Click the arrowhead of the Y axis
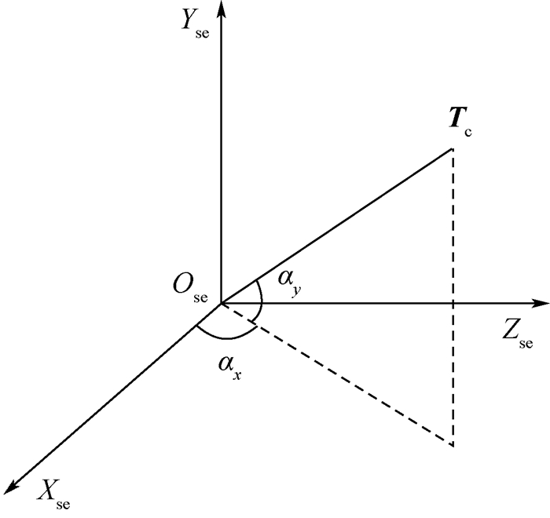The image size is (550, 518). coord(221,8)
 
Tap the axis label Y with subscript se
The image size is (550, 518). coord(195,25)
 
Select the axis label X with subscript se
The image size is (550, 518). coord(54,494)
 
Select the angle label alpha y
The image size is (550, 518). coord(290,283)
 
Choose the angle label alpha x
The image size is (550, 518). coord(229,368)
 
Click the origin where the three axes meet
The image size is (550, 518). coord(222,304)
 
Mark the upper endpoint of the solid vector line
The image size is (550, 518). coord(452,149)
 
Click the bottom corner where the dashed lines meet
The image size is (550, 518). coord(453,446)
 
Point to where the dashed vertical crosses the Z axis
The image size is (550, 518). coord(453,304)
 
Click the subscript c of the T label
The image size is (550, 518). coord(468,133)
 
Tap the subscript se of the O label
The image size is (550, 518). coord(201,298)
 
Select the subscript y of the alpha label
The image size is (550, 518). coord(297,291)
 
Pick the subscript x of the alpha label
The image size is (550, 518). coord(237,377)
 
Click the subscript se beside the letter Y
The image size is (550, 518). coord(203,34)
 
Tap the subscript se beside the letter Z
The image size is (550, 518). coord(526,345)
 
